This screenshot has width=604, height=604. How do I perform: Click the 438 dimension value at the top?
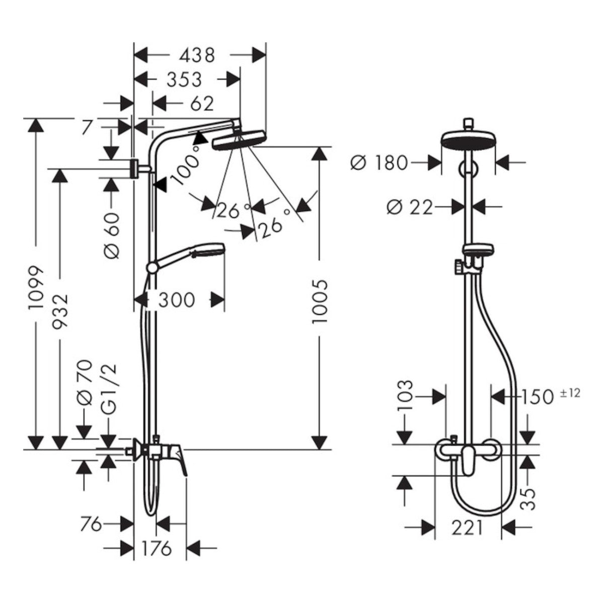tap(198, 54)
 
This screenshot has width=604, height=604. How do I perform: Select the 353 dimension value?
tap(177, 79)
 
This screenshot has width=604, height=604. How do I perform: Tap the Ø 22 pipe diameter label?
tap(410, 206)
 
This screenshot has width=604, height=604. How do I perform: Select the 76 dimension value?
tap(91, 524)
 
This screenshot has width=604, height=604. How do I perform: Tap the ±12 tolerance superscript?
tap(570, 393)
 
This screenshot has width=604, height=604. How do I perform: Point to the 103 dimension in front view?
tap(406, 396)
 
